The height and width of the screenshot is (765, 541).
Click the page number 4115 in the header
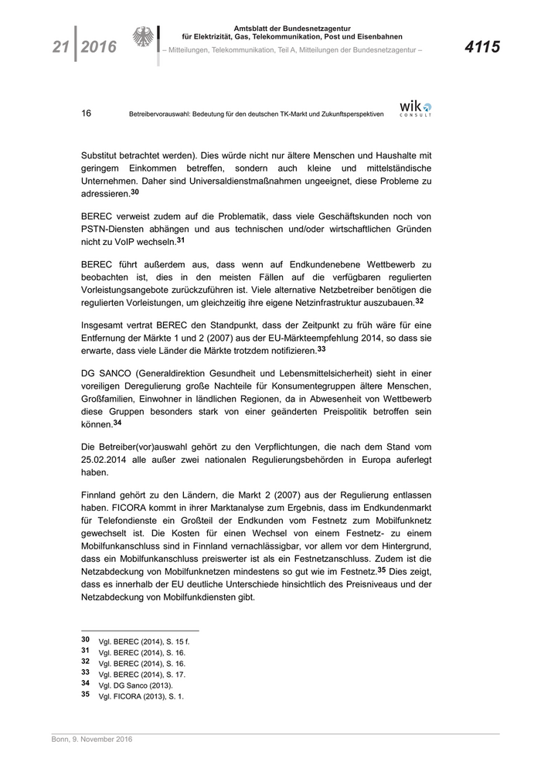(x=482, y=48)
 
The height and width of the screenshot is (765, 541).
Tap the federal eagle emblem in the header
(x=145, y=39)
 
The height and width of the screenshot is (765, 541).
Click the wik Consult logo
(x=416, y=108)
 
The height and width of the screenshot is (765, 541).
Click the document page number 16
(x=87, y=113)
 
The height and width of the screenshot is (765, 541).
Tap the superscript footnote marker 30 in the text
(x=134, y=192)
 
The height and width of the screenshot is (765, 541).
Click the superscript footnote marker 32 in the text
(x=419, y=301)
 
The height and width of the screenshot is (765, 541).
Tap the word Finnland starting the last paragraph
(x=102, y=493)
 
